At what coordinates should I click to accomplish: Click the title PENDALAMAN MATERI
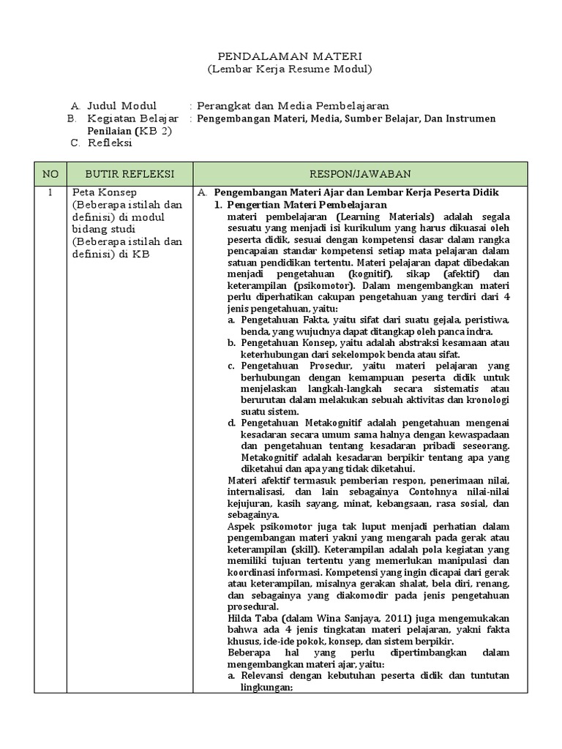click(280, 56)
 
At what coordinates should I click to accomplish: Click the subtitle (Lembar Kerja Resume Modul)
click(280, 69)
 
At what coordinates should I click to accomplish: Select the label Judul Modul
click(121, 105)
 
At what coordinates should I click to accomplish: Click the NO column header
click(50, 173)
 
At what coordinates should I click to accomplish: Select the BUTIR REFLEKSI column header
click(130, 173)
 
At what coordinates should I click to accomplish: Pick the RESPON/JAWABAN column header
click(359, 173)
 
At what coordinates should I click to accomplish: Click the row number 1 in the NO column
click(50, 192)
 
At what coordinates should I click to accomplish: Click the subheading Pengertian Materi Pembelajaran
click(307, 205)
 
